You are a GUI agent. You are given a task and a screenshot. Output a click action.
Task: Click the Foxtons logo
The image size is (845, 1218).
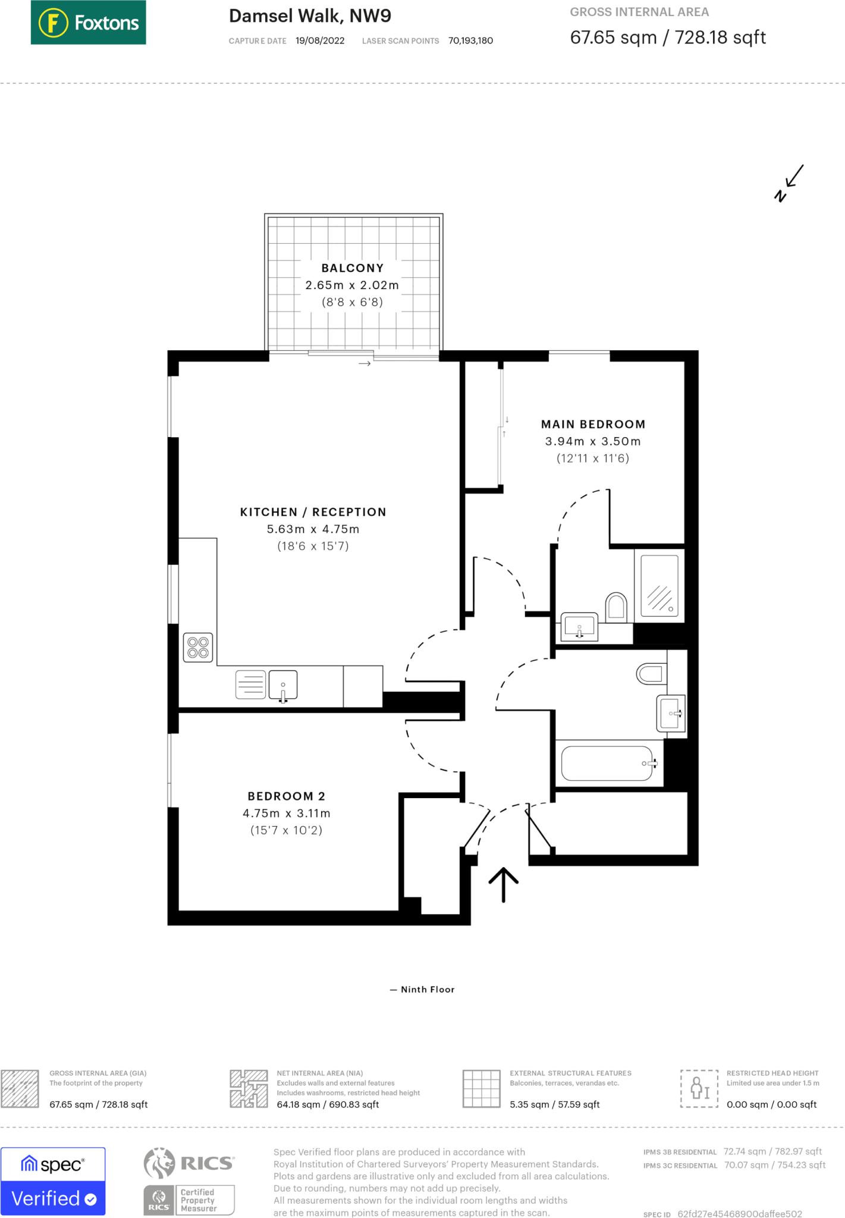(x=88, y=23)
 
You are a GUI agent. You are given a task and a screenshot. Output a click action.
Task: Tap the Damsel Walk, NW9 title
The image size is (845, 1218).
(x=310, y=16)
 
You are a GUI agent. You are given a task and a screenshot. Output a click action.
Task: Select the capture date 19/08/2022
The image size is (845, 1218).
(x=320, y=41)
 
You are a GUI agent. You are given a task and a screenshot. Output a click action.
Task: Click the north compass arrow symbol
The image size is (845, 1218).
(x=789, y=183)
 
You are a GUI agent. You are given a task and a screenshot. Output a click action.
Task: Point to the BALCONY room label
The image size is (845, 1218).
(x=353, y=268)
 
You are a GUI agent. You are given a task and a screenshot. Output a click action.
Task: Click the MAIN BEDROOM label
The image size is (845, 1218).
(x=593, y=425)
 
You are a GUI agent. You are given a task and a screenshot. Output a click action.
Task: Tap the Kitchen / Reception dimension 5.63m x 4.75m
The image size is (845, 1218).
(x=313, y=529)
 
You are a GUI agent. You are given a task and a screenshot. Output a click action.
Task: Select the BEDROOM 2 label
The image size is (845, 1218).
(x=286, y=796)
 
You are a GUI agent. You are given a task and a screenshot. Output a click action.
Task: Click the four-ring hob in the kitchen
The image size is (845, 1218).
(x=198, y=648)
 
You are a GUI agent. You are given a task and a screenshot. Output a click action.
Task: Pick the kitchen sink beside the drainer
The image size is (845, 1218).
(x=283, y=685)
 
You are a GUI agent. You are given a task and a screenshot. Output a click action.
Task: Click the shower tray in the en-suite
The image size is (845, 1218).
(x=659, y=586)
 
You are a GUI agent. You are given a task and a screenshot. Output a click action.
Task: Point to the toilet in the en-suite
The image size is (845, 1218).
(x=616, y=607)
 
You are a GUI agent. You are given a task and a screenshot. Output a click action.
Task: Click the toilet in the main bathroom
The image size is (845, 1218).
(x=651, y=674)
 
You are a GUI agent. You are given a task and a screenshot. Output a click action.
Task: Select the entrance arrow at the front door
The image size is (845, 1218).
(x=504, y=885)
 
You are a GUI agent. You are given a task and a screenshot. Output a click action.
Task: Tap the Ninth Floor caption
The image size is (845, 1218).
(x=428, y=990)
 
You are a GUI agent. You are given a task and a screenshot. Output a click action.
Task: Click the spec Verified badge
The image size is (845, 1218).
(x=53, y=1181)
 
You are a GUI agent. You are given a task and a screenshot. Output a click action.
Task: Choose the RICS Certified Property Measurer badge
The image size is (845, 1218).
(x=189, y=1181)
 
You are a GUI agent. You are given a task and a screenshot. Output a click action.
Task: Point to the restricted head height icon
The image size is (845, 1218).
(x=699, y=1088)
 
